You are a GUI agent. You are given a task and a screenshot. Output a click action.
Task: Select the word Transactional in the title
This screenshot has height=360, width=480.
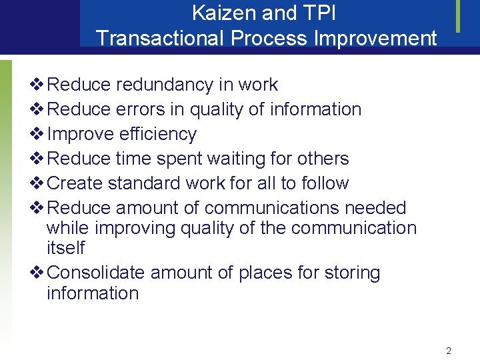pyautogui.click(x=161, y=37)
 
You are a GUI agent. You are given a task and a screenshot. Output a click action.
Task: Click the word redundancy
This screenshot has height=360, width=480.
pyautogui.click(x=164, y=85)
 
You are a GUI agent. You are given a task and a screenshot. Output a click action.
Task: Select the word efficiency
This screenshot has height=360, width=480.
pyautogui.click(x=158, y=134)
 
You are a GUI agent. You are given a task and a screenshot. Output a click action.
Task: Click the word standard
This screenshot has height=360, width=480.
pyautogui.click(x=148, y=183)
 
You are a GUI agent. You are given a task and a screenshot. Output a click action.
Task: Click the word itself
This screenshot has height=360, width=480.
pyautogui.click(x=65, y=248)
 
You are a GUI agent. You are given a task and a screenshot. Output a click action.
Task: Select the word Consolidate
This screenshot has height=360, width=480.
pyautogui.click(x=97, y=273)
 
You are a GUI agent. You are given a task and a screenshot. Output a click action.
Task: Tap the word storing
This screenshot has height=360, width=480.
pyautogui.click(x=352, y=273)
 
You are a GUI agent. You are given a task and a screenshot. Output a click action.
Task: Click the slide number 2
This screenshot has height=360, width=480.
pyautogui.click(x=449, y=351)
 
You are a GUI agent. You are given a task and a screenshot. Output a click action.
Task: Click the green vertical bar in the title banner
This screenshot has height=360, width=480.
pyautogui.click(x=458, y=16)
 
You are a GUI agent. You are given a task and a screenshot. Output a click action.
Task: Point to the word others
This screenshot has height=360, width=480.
pyautogui.click(x=323, y=159)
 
